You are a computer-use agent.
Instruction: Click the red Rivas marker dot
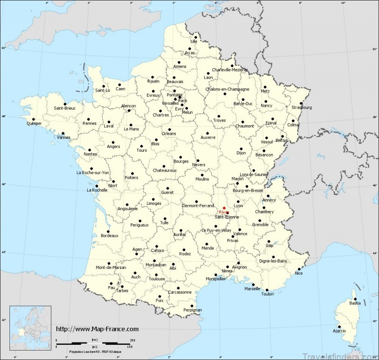tap(224, 208)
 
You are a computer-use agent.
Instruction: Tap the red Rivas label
tap(224, 212)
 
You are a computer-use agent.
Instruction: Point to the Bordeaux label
tap(109, 235)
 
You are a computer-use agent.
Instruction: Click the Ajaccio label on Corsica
tap(339, 330)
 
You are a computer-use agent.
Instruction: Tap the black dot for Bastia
tap(353, 298)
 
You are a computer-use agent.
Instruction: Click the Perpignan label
tap(192, 310)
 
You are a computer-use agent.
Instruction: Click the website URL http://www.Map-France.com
tap(97, 329)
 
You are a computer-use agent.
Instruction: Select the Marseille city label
tap(252, 288)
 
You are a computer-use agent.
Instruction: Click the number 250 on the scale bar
tap(132, 340)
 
